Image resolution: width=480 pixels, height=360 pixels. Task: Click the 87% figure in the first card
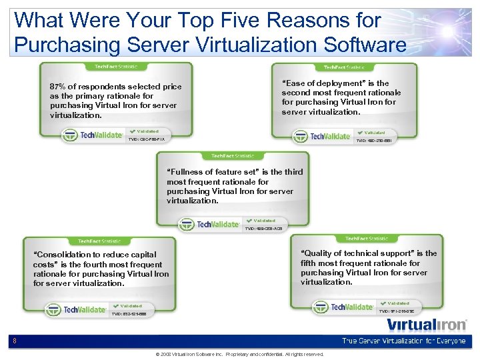pyautogui.click(x=59, y=87)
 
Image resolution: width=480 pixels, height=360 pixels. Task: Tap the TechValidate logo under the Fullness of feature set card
pyautogui.click(x=209, y=225)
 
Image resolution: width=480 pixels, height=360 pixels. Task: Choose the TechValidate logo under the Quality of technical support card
pyautogui.click(x=343, y=307)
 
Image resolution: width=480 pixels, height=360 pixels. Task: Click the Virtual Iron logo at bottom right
pyautogui.click(x=427, y=325)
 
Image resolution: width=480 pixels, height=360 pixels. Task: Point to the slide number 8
pyautogui.click(x=15, y=341)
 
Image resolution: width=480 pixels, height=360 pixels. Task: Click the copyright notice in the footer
pyautogui.click(x=239, y=355)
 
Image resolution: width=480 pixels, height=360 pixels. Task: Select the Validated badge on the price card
pyautogui.click(x=145, y=131)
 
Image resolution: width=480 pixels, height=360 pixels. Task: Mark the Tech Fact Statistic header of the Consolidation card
pyautogui.click(x=99, y=241)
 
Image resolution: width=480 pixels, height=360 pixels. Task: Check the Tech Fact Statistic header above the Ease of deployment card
pyautogui.click(x=344, y=67)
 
